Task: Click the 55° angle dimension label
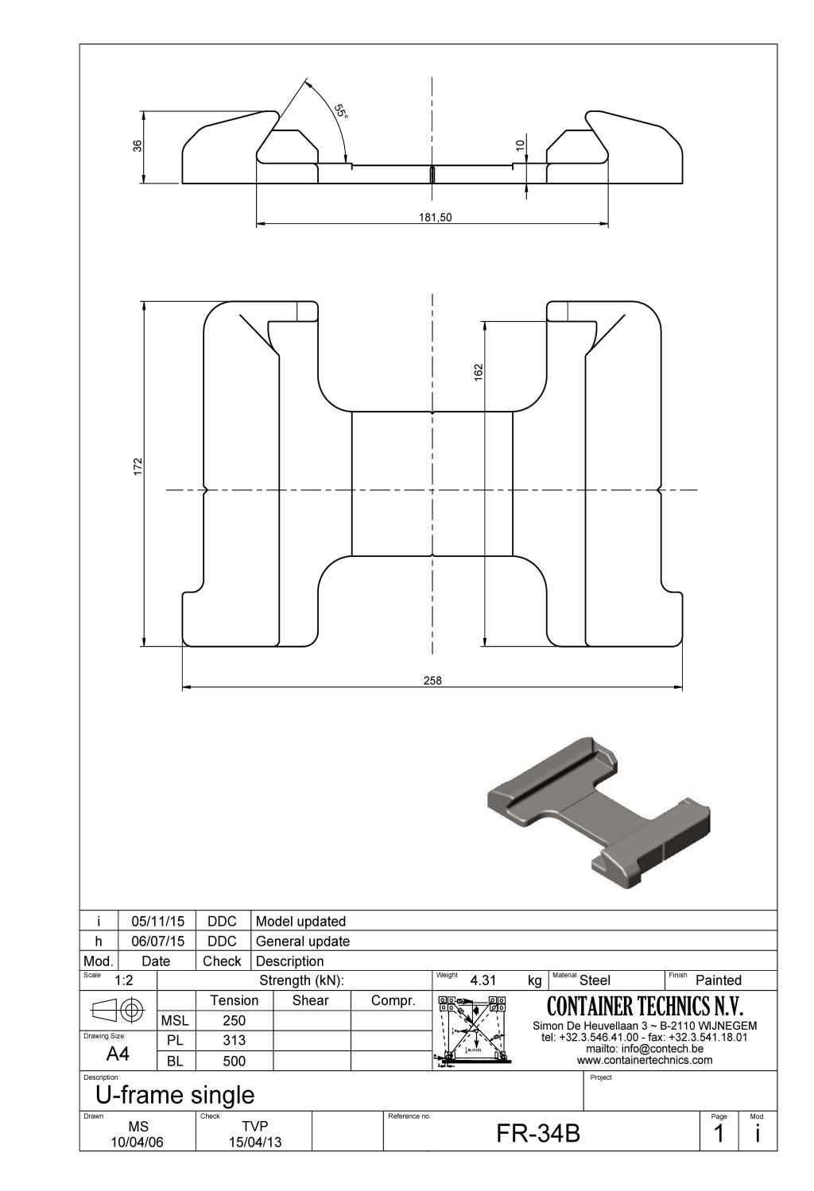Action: (340, 111)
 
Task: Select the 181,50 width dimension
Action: (435, 218)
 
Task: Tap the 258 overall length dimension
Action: (432, 680)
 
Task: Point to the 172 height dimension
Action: (138, 466)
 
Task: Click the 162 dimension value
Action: (479, 372)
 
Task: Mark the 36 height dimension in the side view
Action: (138, 146)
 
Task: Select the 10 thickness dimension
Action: (520, 145)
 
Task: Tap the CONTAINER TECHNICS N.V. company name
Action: (645, 1007)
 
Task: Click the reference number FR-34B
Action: (538, 1134)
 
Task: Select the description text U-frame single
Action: (175, 1095)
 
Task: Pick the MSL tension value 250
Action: (234, 1020)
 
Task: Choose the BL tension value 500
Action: (234, 1061)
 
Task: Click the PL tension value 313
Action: (234, 1040)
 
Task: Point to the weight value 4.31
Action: (483, 980)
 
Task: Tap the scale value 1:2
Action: (123, 980)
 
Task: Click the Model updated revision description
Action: (300, 921)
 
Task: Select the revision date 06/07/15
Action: (157, 941)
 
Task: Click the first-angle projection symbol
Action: (118, 1011)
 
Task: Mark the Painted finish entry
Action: (718, 980)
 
